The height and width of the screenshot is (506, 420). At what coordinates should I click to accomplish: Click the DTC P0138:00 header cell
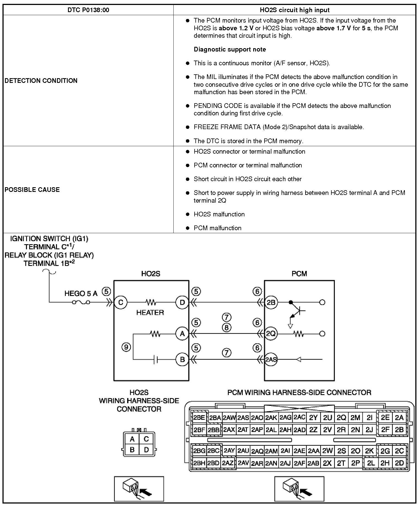[x=88, y=10]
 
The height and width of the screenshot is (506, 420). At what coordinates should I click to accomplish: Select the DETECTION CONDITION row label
[x=41, y=81]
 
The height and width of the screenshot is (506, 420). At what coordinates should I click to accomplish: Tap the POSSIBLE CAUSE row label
[x=32, y=190]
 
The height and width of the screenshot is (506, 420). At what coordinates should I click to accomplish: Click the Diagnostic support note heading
[x=230, y=50]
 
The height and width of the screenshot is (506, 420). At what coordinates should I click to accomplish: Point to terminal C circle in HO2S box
[x=121, y=303]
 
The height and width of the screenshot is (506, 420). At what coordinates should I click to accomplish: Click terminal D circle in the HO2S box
[x=182, y=303]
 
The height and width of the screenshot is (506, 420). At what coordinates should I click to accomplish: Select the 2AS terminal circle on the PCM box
[x=271, y=359]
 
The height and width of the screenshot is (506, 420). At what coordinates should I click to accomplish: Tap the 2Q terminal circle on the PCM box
[x=271, y=334]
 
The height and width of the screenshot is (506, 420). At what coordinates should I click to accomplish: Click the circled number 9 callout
[x=126, y=347]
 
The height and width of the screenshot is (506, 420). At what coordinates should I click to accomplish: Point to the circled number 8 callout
[x=227, y=328]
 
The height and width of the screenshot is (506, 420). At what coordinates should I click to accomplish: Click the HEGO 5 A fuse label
[x=81, y=293]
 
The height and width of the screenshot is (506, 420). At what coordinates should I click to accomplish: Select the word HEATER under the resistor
[x=150, y=312]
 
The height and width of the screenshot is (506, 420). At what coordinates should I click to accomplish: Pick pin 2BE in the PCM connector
[x=199, y=418]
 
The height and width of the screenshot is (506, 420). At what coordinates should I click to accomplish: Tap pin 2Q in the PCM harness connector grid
[x=341, y=418]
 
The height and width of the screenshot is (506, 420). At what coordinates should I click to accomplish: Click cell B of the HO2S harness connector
[x=132, y=450]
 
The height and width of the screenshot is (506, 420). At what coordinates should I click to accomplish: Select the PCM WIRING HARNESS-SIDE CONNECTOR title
[x=299, y=392]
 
